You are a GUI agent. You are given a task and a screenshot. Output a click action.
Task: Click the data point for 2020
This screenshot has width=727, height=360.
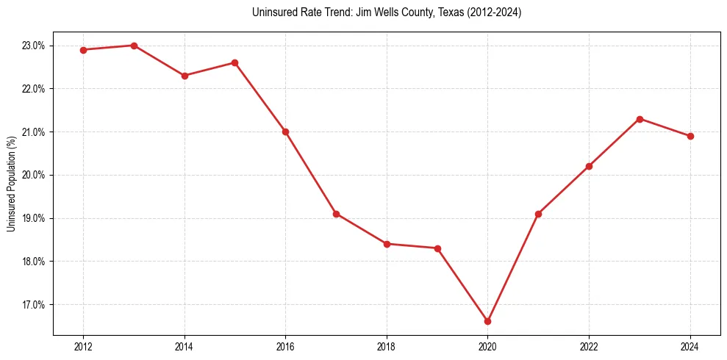tap(487, 321)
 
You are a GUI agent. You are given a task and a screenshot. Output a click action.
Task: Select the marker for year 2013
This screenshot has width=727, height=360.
tap(134, 46)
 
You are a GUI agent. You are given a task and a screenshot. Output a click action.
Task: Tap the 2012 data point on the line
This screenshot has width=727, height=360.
tap(83, 50)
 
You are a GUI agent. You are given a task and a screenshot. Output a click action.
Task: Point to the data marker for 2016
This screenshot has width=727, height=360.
tap(285, 132)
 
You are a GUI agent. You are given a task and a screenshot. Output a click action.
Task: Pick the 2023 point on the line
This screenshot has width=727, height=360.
tap(640, 119)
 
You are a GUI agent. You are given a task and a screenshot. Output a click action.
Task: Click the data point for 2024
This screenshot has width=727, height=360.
tap(690, 136)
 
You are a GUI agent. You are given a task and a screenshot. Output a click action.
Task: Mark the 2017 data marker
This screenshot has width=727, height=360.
tap(336, 214)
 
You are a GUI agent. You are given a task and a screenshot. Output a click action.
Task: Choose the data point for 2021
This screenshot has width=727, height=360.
tap(538, 214)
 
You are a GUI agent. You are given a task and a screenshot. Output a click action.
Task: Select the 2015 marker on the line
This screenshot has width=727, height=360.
tap(234, 62)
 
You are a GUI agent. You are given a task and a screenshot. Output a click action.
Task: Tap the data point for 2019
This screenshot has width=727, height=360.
tap(437, 248)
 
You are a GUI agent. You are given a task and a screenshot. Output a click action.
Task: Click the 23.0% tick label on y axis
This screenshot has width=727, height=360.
tap(33, 46)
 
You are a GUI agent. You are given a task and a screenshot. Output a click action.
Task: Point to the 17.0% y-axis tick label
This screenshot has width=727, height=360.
tap(33, 305)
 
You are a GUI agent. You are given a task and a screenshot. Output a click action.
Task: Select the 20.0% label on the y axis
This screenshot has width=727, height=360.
tap(33, 175)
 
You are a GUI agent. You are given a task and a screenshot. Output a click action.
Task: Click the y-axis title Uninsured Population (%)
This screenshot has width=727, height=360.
tap(11, 184)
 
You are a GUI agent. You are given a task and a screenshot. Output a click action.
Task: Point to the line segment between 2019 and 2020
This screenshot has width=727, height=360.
tap(462, 285)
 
